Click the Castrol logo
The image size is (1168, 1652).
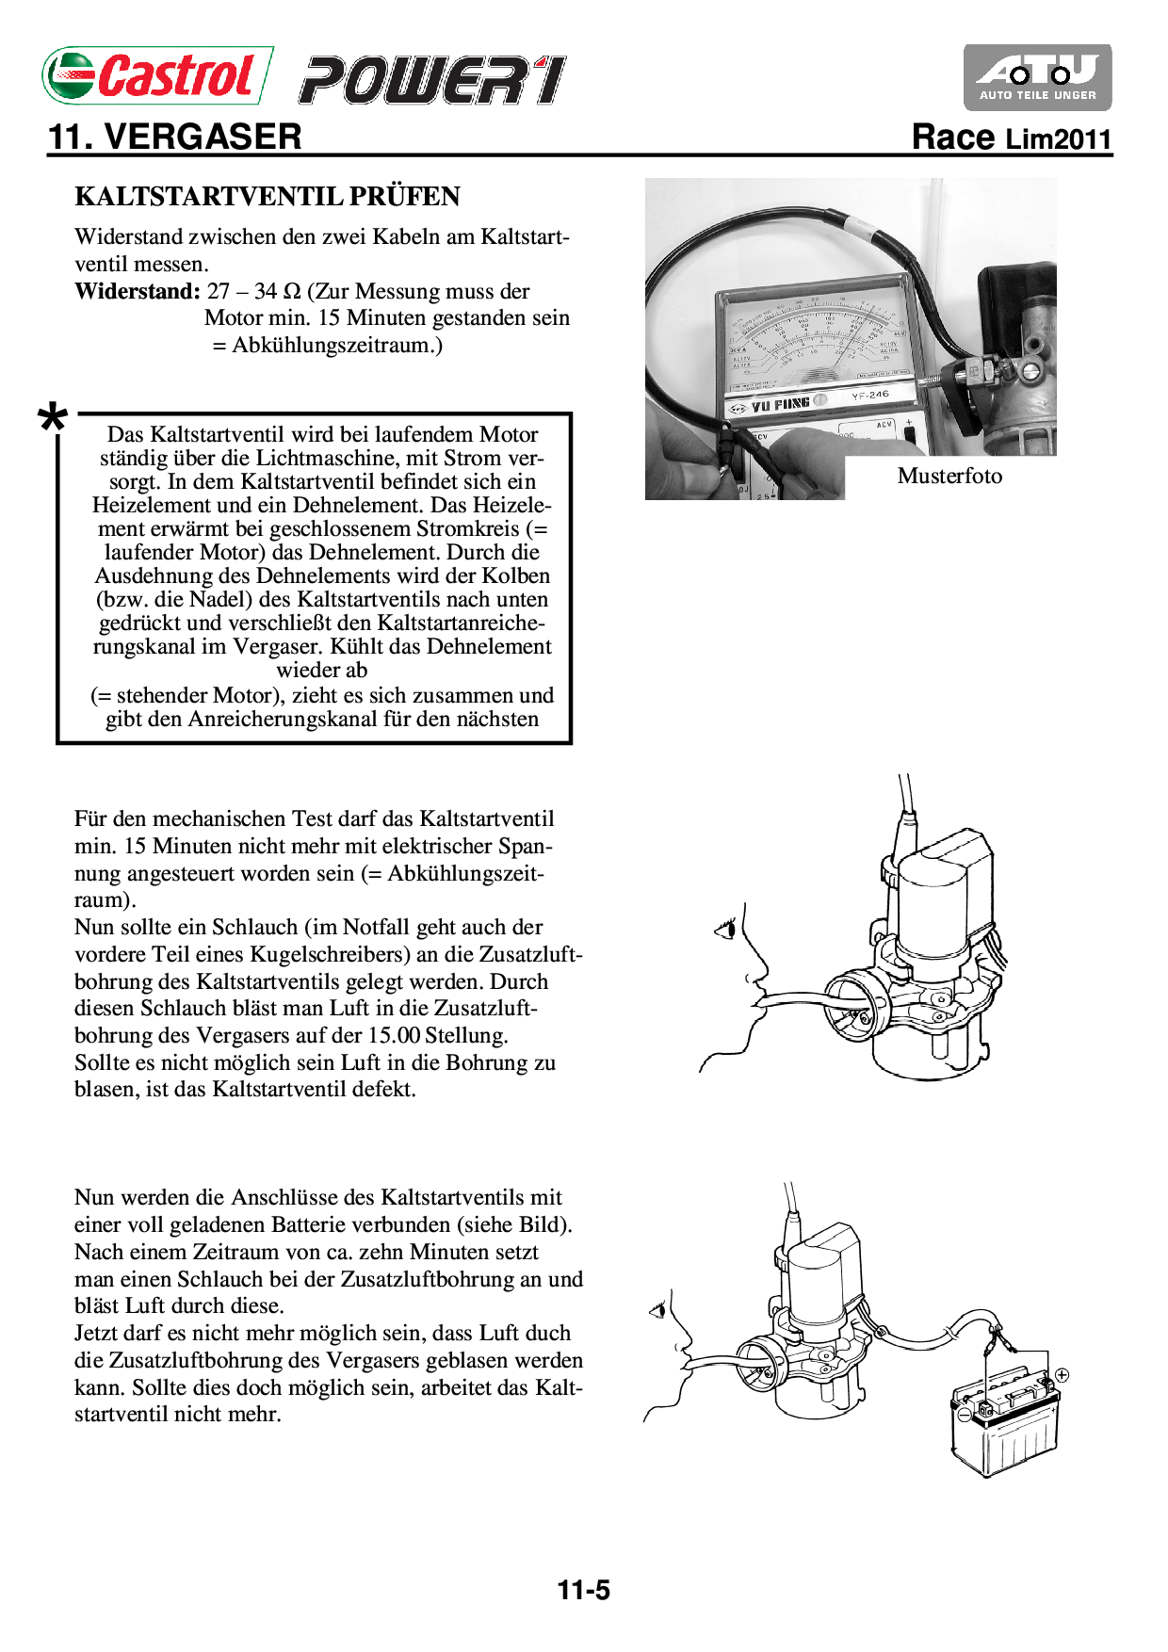(156, 75)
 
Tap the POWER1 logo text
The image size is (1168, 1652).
(432, 80)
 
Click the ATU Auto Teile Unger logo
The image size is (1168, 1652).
(1037, 77)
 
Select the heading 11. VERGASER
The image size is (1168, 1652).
(175, 138)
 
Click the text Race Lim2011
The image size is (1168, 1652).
(1012, 138)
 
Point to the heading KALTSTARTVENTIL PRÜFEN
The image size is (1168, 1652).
(268, 197)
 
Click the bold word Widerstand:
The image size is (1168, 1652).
(138, 291)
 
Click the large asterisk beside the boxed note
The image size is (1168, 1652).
(53, 419)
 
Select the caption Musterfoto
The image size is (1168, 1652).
(949, 476)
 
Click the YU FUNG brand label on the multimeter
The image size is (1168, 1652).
(780, 405)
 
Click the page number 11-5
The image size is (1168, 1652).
(583, 1591)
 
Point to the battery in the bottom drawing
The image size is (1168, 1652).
(1004, 1428)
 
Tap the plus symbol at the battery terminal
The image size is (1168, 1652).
(1062, 1375)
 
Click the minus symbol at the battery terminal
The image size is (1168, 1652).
(963, 1414)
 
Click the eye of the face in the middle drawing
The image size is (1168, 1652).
(726, 931)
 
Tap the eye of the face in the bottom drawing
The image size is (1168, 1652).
(657, 1309)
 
